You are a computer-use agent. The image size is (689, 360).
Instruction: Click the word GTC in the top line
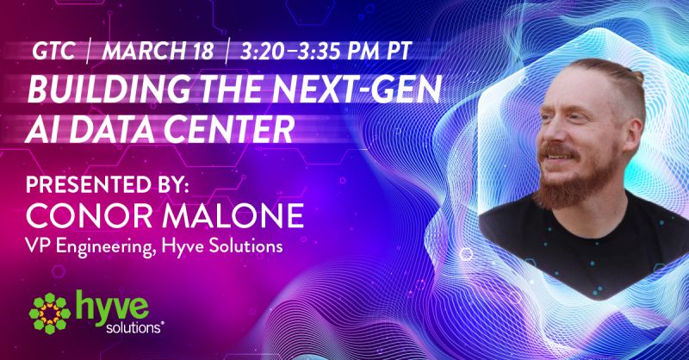[x=53, y=52]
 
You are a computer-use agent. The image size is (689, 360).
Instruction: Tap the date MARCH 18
[x=158, y=52]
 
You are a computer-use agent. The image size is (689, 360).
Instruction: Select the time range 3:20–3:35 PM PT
[x=326, y=52]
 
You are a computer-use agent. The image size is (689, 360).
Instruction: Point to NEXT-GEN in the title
[x=359, y=89]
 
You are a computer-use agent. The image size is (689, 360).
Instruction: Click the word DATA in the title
[x=119, y=128]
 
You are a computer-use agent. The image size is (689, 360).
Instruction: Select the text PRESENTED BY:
[x=107, y=185]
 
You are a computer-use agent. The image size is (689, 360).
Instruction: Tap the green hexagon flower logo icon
[x=50, y=313]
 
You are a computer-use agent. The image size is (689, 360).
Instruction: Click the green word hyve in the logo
[x=112, y=306]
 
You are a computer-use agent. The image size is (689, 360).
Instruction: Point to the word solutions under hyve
[x=134, y=327]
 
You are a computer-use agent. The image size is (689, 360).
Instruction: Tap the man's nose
[x=546, y=132]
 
